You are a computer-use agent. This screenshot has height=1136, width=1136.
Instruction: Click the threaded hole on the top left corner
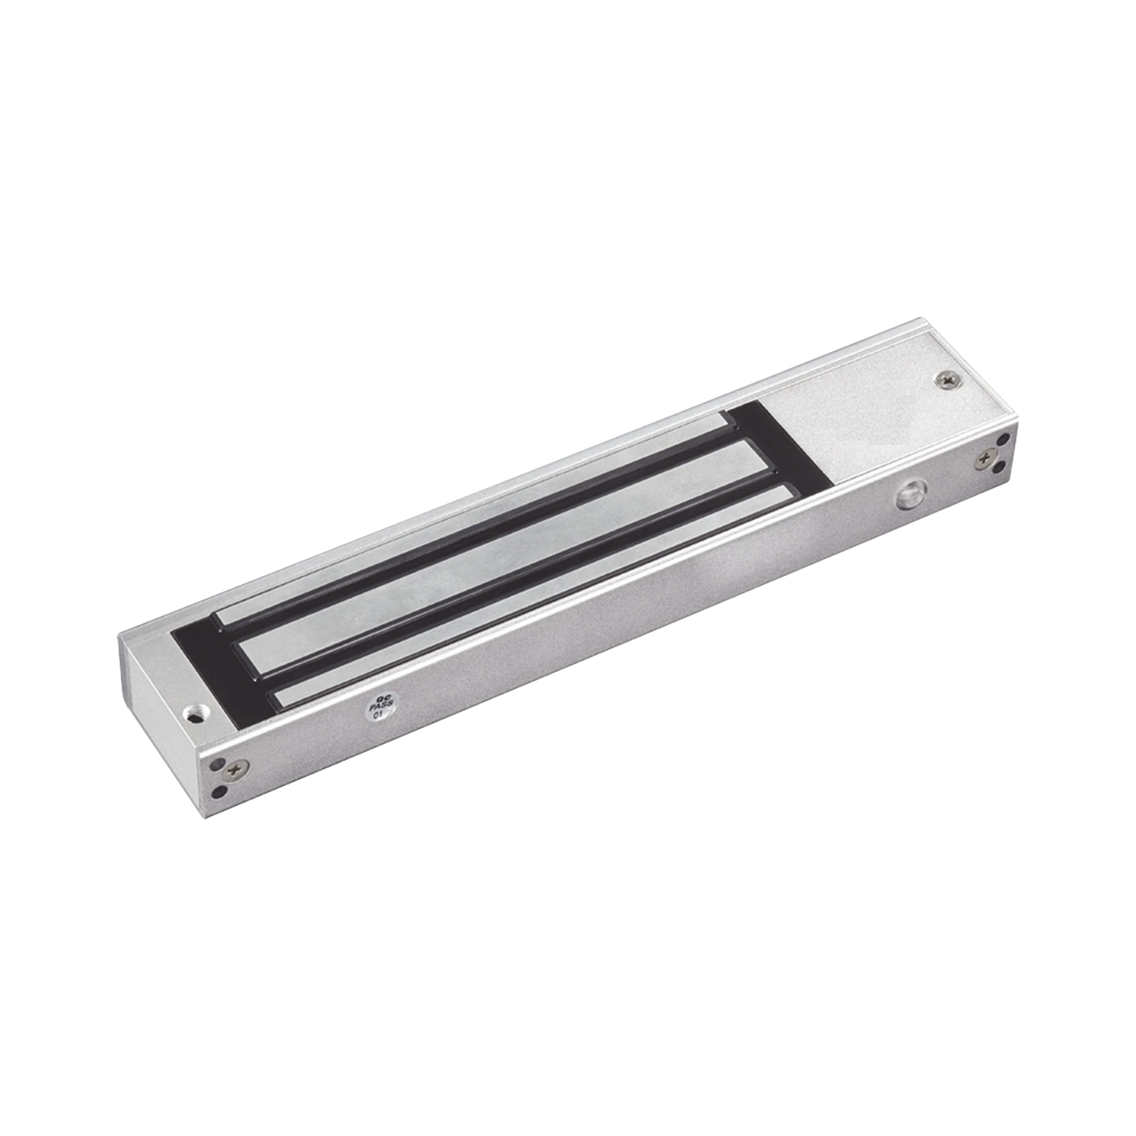coord(191,713)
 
